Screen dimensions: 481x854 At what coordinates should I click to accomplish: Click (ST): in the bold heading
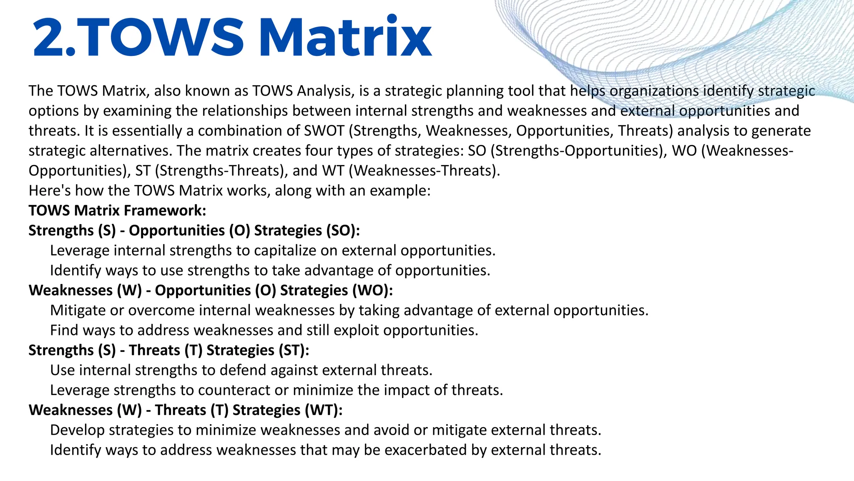(294, 350)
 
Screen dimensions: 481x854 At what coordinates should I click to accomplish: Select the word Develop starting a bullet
(78, 430)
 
